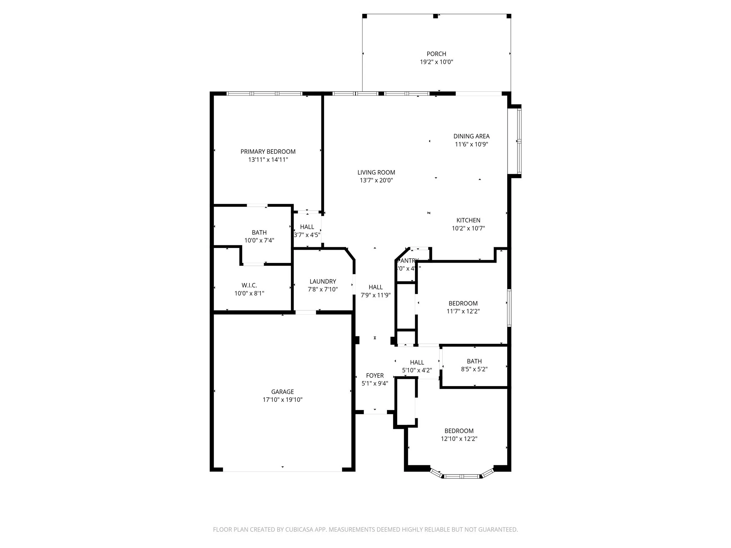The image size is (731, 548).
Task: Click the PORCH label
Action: click(x=436, y=54)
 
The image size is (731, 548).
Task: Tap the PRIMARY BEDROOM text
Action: click(x=268, y=152)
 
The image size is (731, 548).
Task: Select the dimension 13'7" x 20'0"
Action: click(x=376, y=181)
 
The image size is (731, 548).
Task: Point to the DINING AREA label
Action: click(x=471, y=136)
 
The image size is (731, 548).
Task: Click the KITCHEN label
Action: click(x=468, y=220)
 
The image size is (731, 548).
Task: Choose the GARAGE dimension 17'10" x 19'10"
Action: click(x=282, y=400)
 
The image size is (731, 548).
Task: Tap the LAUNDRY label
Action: click(x=323, y=281)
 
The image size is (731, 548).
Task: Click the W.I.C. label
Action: click(x=249, y=285)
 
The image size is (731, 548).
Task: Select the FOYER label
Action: click(x=375, y=376)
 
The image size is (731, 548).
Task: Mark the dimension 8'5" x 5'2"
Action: click(x=474, y=369)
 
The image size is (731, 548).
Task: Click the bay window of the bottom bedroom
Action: click(x=462, y=476)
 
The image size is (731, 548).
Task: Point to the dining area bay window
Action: click(x=519, y=141)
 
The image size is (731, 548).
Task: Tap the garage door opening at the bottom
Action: click(x=282, y=471)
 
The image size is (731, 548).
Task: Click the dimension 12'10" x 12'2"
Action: click(x=459, y=439)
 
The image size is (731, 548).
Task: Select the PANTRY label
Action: click(x=408, y=261)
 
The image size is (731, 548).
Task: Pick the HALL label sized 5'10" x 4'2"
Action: click(x=417, y=362)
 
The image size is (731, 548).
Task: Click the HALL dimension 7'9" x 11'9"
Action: click(x=375, y=295)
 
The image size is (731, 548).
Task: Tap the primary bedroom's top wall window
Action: click(x=264, y=94)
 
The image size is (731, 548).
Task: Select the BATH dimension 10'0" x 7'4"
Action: click(x=259, y=240)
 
